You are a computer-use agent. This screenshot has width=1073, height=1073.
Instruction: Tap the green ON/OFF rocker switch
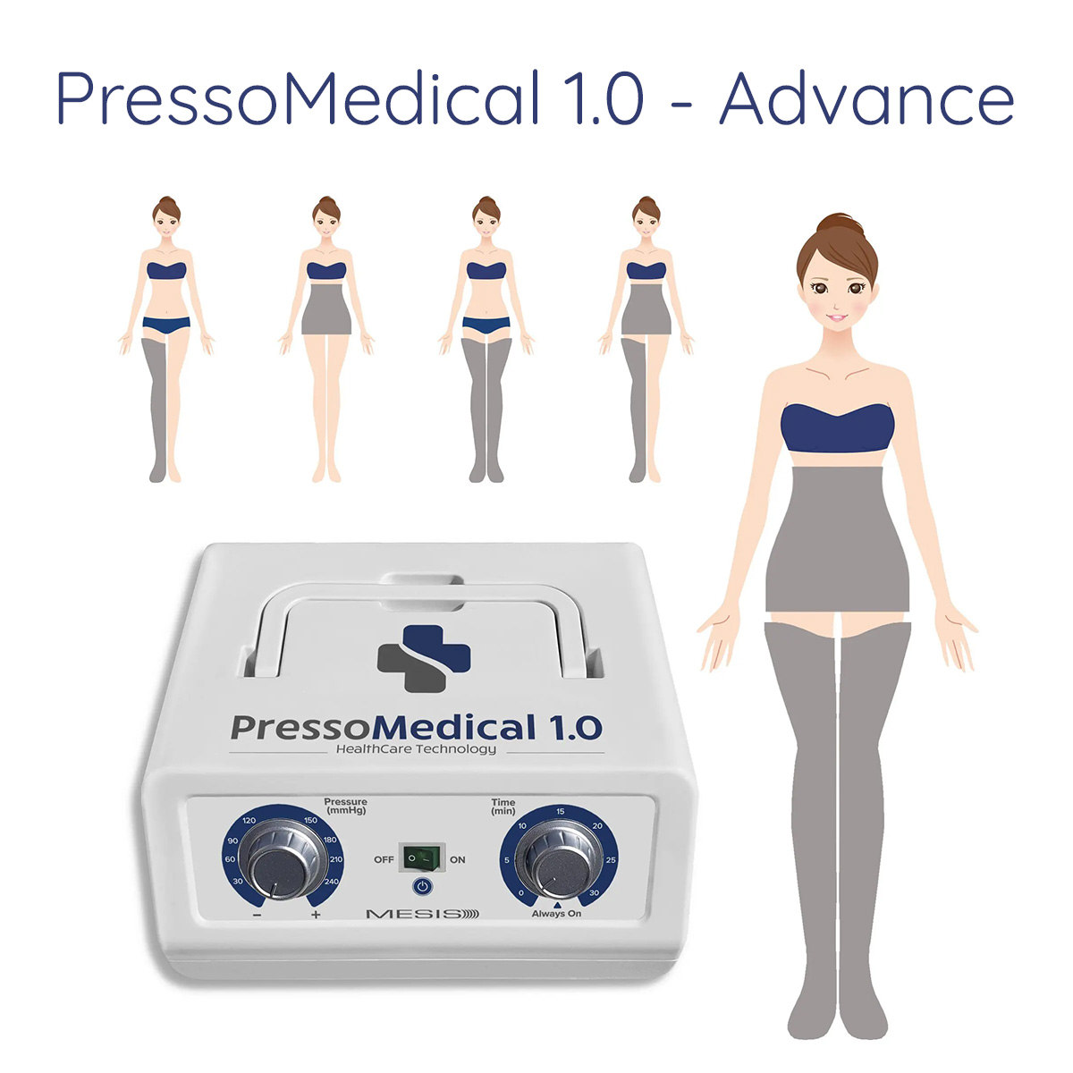click(424, 858)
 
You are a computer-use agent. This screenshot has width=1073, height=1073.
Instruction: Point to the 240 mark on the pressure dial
click(332, 882)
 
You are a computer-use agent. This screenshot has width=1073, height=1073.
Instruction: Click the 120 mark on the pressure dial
click(249, 821)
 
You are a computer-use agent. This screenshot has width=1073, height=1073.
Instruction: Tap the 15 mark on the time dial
click(560, 811)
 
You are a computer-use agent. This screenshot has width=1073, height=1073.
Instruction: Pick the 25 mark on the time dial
click(611, 859)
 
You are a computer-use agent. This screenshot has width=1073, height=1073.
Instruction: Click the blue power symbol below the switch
click(423, 886)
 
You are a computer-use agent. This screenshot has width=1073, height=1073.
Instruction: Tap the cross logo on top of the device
click(424, 659)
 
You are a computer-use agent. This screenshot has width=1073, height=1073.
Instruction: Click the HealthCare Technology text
click(416, 749)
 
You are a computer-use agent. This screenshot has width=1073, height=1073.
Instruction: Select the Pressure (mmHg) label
click(345, 806)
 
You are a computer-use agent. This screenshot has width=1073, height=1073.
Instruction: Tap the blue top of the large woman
click(837, 427)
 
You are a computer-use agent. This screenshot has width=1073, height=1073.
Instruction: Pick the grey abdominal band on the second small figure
click(326, 308)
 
